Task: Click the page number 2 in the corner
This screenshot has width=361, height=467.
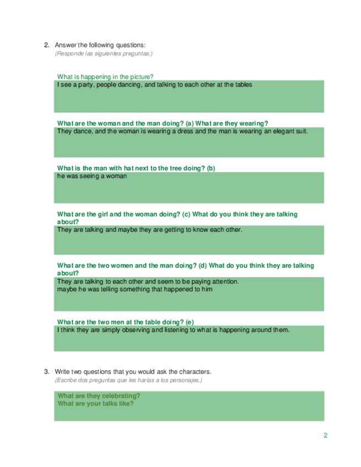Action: tap(326, 436)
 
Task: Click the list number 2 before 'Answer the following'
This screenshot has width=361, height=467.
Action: tap(46, 45)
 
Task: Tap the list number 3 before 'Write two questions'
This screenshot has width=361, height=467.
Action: tap(46, 371)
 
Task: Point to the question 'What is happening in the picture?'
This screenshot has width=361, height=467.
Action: tap(105, 77)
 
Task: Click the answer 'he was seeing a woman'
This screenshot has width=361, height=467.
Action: tap(92, 176)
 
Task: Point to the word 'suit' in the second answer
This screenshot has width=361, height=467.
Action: tap(300, 132)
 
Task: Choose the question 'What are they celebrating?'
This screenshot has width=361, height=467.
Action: tap(99, 395)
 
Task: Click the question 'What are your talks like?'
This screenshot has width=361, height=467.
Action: tap(95, 403)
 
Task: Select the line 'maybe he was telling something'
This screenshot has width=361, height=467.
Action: tap(134, 289)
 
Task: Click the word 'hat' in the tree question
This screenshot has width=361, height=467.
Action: tap(122, 168)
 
